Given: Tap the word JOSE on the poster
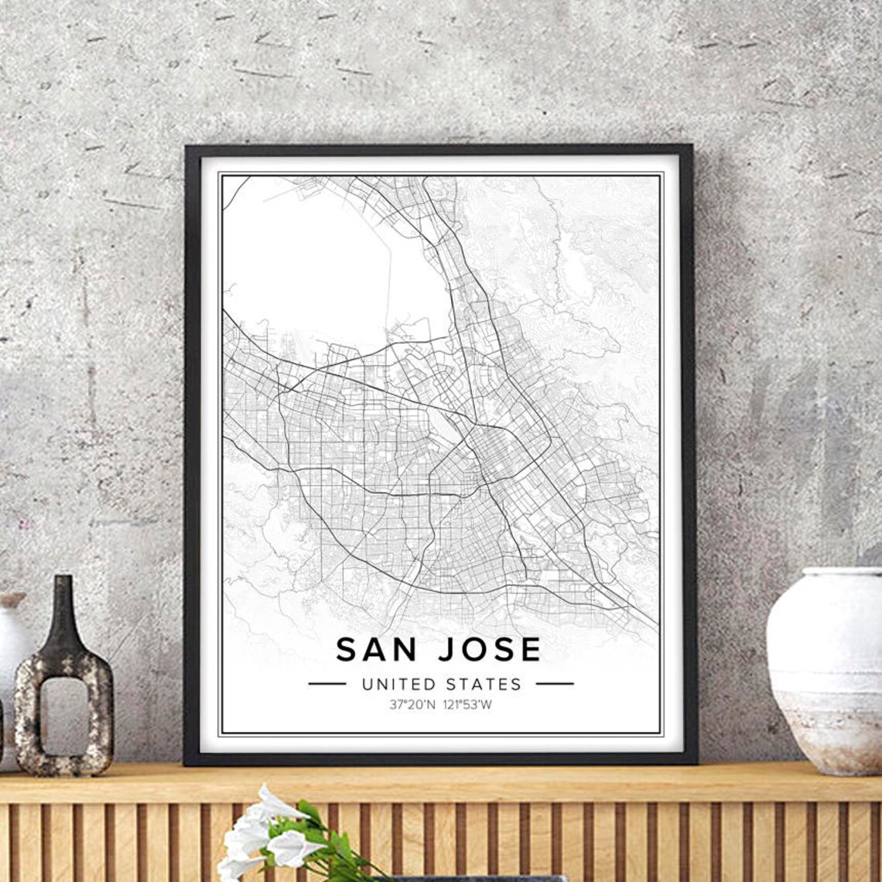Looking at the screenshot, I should tap(489, 649).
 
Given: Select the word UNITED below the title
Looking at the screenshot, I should tap(398, 684).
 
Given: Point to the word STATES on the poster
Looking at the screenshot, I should tap(484, 684).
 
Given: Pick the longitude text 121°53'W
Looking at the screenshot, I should tap(469, 705).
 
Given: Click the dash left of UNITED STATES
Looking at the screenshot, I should tap(326, 684).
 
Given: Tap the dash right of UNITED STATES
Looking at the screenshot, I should tap(554, 684).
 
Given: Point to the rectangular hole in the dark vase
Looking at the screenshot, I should tap(64, 716).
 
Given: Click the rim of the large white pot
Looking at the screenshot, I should tap(842, 573).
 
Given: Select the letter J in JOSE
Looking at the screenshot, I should tap(446, 649).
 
